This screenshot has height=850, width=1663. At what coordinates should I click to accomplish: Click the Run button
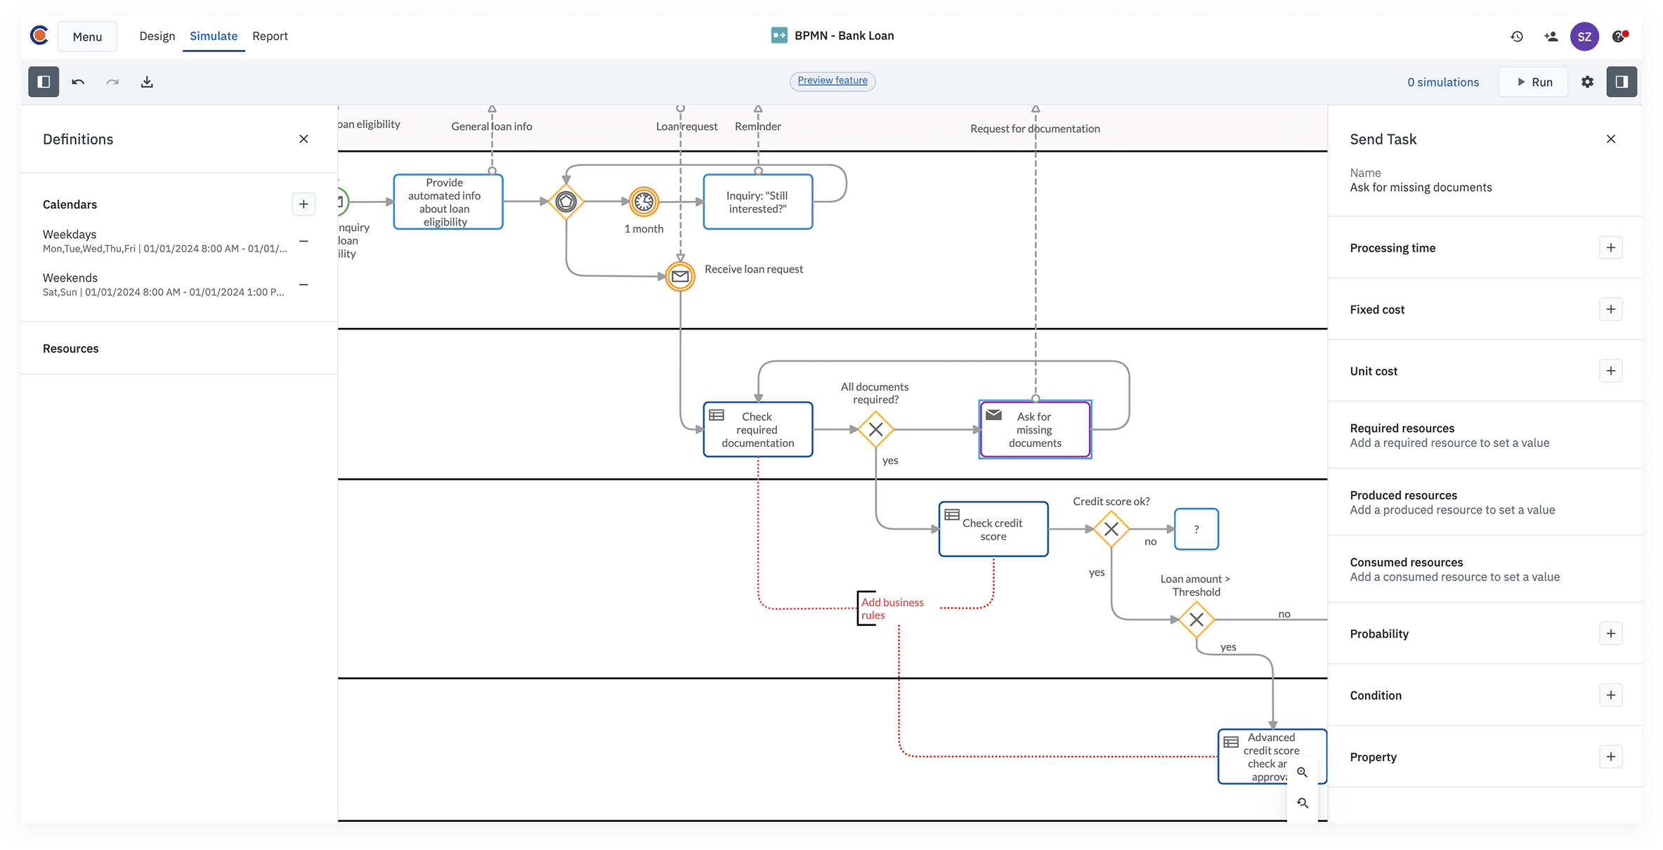pyautogui.click(x=1534, y=82)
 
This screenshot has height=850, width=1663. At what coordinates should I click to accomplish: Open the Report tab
pyautogui.click(x=270, y=36)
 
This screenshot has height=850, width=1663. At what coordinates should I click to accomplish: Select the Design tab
pyautogui.click(x=157, y=36)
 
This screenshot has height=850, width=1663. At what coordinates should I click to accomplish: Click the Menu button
pyautogui.click(x=87, y=37)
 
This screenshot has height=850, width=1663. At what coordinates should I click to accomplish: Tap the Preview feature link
pyautogui.click(x=832, y=81)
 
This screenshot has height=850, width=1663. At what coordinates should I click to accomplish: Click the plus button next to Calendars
pyautogui.click(x=304, y=204)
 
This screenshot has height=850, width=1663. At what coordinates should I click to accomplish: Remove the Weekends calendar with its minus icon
pyautogui.click(x=304, y=285)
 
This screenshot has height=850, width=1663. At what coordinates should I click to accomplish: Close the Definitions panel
pyautogui.click(x=304, y=139)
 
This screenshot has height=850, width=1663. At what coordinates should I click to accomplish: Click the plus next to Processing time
pyautogui.click(x=1610, y=248)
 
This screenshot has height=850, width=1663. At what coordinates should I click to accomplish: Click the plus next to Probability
pyautogui.click(x=1610, y=634)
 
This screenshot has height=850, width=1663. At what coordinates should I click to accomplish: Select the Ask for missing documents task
pyautogui.click(x=1034, y=429)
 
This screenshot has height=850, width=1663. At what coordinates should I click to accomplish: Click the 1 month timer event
pyautogui.click(x=643, y=202)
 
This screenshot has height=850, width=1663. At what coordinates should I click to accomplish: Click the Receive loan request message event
pyautogui.click(x=679, y=276)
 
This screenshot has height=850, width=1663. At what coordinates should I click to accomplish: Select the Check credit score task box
pyautogui.click(x=993, y=529)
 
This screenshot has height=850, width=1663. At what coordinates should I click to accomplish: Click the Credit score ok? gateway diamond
pyautogui.click(x=1111, y=529)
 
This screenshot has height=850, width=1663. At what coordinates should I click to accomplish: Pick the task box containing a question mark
pyautogui.click(x=1196, y=529)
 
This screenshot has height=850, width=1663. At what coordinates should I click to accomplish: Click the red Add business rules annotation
pyautogui.click(x=892, y=608)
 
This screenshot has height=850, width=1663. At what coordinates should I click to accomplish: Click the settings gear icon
pyautogui.click(x=1587, y=82)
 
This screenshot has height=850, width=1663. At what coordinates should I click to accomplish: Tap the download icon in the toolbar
pyautogui.click(x=147, y=82)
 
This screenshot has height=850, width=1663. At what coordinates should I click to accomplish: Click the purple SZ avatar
pyautogui.click(x=1584, y=37)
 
